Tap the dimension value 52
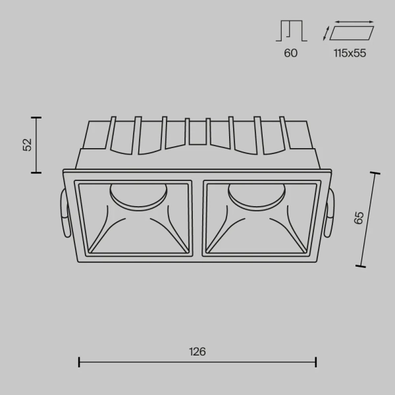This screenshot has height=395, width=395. [x=27, y=145]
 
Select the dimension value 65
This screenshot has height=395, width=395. [x=358, y=219]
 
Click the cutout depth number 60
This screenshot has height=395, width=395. [x=290, y=53]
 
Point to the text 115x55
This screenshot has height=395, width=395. [x=349, y=53]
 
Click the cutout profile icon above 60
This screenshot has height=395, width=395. [x=290, y=31]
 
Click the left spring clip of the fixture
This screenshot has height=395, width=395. [x=63, y=215]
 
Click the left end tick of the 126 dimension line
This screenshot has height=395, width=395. [x=79, y=361]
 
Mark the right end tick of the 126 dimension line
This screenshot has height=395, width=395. [x=316, y=361]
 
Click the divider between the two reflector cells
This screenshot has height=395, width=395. [x=197, y=217]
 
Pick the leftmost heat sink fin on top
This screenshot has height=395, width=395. [x=112, y=134]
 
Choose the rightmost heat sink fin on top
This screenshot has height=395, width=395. [x=283, y=134]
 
